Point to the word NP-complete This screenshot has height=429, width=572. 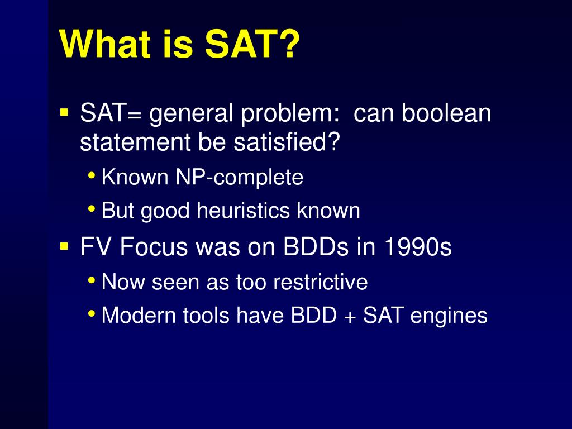(x=239, y=177)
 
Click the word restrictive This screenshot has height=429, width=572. (x=320, y=282)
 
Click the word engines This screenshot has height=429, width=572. (x=449, y=316)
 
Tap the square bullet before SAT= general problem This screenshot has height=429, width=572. (x=64, y=111)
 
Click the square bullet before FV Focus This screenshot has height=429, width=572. (x=64, y=246)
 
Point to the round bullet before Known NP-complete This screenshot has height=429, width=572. (x=92, y=175)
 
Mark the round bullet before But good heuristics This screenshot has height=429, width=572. (x=92, y=209)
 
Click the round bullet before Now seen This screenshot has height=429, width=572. (x=92, y=280)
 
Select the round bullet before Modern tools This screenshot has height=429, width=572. (x=92, y=313)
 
